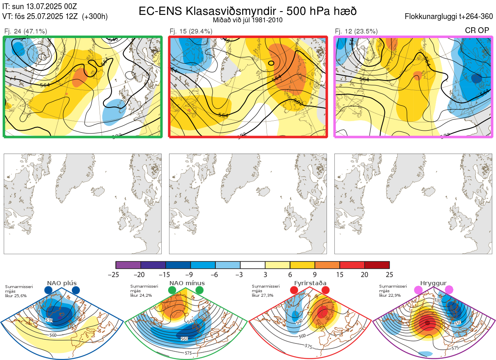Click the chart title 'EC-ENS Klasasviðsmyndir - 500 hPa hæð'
(248, 11)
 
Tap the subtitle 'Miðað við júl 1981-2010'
(248, 20)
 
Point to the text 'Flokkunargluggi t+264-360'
(450, 17)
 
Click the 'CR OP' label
(477, 31)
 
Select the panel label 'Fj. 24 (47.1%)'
(25, 31)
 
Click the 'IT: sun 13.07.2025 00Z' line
(40, 7)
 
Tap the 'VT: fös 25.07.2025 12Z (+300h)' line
(55, 17)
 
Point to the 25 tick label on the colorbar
(389, 274)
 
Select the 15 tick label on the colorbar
(339, 274)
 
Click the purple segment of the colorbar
(128, 265)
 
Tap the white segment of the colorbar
(253, 265)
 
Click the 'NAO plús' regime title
(62, 283)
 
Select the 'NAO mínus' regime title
(187, 283)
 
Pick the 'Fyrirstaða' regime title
(311, 283)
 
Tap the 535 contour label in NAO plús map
(49, 320)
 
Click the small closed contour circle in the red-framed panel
(271, 63)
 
